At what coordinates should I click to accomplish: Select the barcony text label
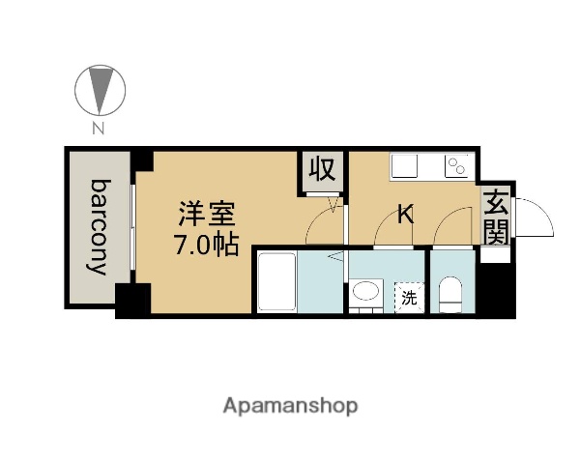point(100,227)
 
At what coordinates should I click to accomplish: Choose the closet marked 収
point(321,171)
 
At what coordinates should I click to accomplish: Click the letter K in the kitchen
point(406,215)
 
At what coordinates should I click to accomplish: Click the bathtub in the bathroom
point(275,280)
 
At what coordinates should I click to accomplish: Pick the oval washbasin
point(366,292)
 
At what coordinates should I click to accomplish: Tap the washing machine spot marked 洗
point(409,297)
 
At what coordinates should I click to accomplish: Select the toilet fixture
point(451,293)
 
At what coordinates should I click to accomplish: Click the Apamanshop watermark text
point(290,406)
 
